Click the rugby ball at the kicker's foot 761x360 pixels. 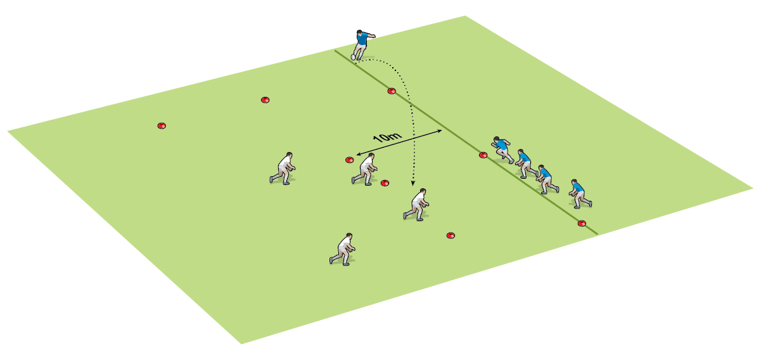tap(353, 57)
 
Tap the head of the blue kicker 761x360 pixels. tap(359, 32)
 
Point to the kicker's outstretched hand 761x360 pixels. tap(374, 35)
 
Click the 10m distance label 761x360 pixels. tap(387, 137)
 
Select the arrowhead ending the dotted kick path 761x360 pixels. tap(412, 183)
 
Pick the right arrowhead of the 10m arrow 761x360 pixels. tap(439, 131)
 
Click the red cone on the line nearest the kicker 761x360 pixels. tap(392, 91)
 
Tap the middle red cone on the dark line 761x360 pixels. tap(483, 155)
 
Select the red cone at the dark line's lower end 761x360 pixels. tap(582, 223)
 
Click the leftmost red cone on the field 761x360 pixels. tap(162, 125)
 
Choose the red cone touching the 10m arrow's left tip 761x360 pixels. tap(350, 160)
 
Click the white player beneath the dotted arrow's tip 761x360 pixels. tap(416, 205)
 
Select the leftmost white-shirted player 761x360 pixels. tap(283, 168)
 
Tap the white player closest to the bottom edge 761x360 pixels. tap(342, 249)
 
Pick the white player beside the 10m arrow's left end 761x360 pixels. tap(364, 169)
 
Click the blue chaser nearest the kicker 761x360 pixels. tap(502, 150)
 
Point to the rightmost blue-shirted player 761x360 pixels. tap(580, 194)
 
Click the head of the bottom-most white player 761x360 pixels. tap(349, 236)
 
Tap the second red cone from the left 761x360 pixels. tap(265, 100)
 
